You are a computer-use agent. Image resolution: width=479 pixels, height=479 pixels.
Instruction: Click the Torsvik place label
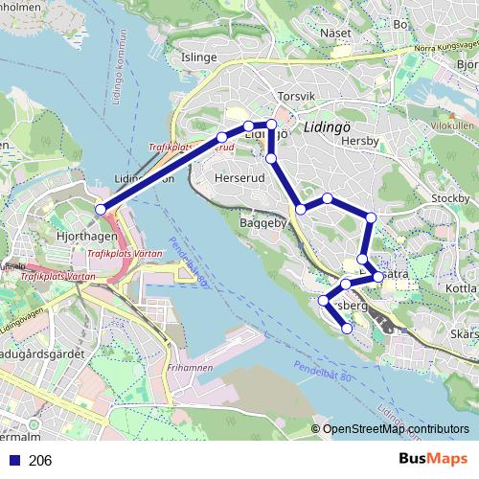pyautogui.click(x=294, y=98)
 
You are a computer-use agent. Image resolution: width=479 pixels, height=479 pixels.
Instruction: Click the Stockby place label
pyautogui.click(x=450, y=198)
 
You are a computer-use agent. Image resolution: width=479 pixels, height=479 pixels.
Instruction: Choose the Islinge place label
pyautogui.click(x=198, y=57)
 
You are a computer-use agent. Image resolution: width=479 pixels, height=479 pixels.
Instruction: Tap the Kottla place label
pyautogui.click(x=461, y=287)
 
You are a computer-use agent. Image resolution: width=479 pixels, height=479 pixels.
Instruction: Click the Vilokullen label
pyautogui.click(x=452, y=125)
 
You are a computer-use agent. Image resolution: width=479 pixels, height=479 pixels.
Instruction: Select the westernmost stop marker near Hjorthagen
pyautogui.click(x=101, y=210)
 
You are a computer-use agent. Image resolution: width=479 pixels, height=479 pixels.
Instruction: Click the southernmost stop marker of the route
pyautogui.click(x=347, y=329)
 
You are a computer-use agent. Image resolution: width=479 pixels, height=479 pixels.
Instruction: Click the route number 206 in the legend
pyautogui.click(x=40, y=461)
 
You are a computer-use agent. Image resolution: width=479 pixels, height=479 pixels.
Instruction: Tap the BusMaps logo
pyautogui.click(x=433, y=460)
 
